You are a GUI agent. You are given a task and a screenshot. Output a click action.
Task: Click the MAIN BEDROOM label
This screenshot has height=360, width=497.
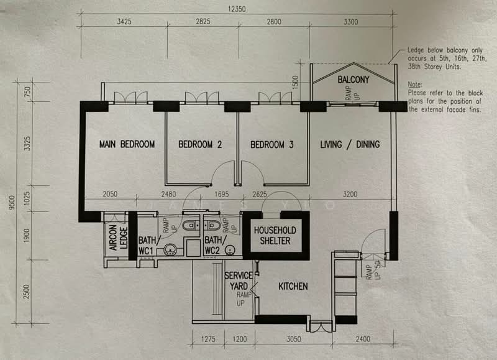[127, 144]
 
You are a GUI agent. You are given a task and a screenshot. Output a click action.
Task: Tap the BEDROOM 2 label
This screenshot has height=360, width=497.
[200, 144]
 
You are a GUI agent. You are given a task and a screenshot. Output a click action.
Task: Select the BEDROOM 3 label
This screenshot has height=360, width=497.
[272, 144]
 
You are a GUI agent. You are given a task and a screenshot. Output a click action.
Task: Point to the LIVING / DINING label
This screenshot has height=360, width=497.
[350, 144]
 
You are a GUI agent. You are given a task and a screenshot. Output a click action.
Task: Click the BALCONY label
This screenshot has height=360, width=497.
[353, 80]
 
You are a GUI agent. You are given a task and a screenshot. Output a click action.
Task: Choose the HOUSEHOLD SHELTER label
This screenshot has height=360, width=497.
[275, 235]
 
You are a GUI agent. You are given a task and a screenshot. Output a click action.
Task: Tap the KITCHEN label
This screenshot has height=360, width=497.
[293, 286]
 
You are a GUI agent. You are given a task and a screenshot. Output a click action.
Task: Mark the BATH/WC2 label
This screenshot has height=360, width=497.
[214, 245]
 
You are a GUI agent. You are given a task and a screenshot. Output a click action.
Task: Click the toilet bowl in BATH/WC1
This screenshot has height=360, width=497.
[191, 224]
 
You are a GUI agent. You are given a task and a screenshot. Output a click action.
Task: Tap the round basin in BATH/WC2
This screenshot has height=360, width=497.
[230, 251]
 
